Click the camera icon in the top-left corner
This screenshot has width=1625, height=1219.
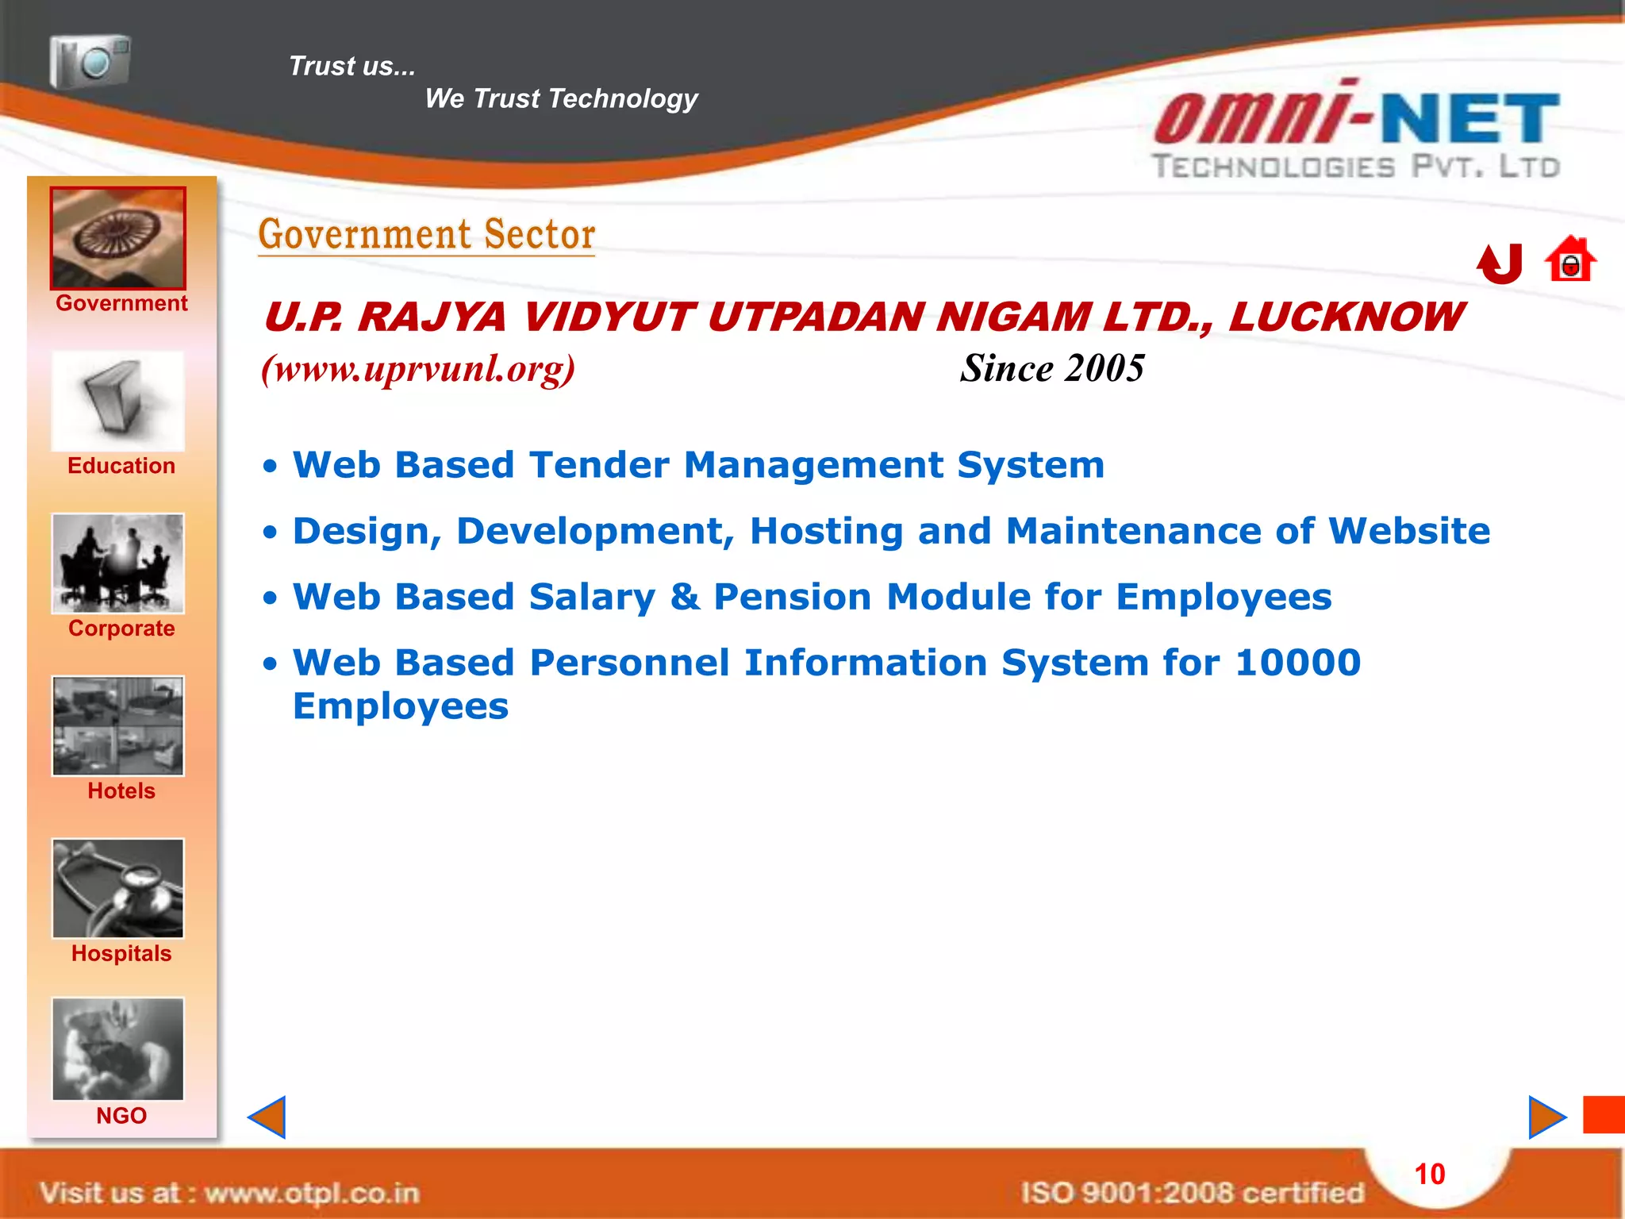[x=90, y=61]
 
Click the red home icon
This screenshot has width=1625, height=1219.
[x=1570, y=260]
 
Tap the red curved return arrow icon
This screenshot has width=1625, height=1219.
[x=1500, y=263]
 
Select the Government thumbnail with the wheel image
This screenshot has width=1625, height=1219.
[x=118, y=238]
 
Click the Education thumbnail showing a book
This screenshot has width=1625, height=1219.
[x=118, y=402]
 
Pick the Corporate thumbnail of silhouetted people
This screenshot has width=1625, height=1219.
[x=118, y=563]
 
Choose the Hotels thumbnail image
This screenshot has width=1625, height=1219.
[x=118, y=726]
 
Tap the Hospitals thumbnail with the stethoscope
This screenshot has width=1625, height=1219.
[x=118, y=889]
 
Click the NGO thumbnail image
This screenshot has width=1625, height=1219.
[x=118, y=1049]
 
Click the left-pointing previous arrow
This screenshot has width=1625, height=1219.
[x=267, y=1117]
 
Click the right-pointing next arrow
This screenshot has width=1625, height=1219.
[x=1546, y=1117]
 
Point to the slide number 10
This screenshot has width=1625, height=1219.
[x=1430, y=1175]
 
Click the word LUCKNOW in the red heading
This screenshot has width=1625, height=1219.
[x=1346, y=317]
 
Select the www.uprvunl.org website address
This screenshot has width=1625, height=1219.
[x=418, y=369]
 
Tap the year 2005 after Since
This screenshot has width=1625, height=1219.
[x=1104, y=369]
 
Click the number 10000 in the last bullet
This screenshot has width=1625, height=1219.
[x=1298, y=663]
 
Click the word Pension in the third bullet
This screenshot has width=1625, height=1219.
[x=793, y=597]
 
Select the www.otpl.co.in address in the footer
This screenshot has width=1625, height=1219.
[x=312, y=1193]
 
